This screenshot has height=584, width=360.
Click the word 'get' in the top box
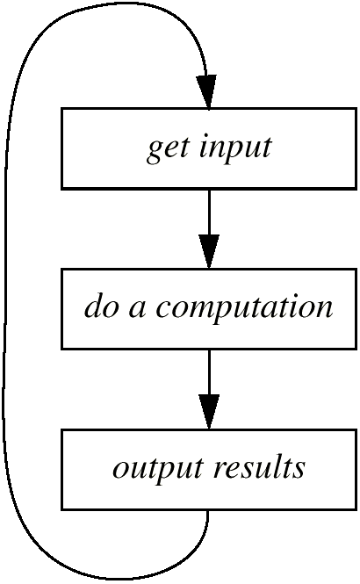[x=167, y=149]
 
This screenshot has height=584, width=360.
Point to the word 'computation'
[x=244, y=308]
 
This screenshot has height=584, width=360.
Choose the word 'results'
[x=260, y=465]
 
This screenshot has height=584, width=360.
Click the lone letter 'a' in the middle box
[x=137, y=310]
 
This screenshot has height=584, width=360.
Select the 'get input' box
[x=209, y=149]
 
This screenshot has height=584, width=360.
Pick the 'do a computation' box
[x=209, y=309]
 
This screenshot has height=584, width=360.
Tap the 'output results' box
[x=209, y=469]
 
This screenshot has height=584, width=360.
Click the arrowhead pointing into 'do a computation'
[x=209, y=251]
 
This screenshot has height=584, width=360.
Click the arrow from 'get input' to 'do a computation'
[x=209, y=229]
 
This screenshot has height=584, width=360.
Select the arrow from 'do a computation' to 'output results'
[x=209, y=389]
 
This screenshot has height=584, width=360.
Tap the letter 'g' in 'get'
[x=155, y=153]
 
